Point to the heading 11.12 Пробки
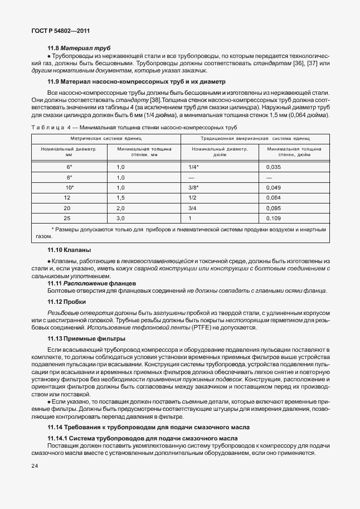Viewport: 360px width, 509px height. pyautogui.click(x=66, y=302)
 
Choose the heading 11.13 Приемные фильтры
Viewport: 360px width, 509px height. pyautogui.click(x=86, y=339)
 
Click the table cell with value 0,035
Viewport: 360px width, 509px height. pyautogui.click(x=274, y=167)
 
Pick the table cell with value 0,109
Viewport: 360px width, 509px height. pyautogui.click(x=274, y=218)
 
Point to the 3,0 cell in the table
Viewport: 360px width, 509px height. pyautogui.click(x=120, y=218)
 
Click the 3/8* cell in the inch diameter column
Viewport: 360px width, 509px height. pyautogui.click(x=194, y=187)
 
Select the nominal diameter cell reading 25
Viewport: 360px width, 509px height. pyautogui.click(x=67, y=218)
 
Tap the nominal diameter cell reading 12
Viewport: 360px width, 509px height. pyautogui.click(x=67, y=197)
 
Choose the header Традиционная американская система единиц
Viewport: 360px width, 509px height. pyautogui.click(x=255, y=137)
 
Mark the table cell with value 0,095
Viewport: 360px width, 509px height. pyautogui.click(x=274, y=208)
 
